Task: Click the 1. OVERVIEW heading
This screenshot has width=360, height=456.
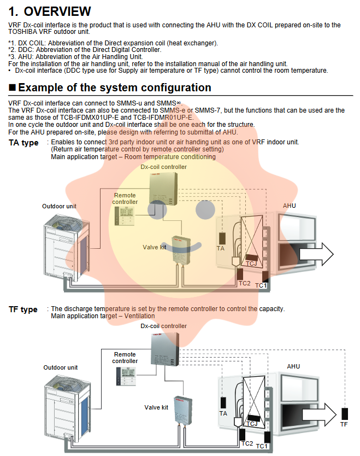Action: [50, 11]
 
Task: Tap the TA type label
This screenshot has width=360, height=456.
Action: [23, 143]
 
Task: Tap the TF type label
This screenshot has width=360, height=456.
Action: [23, 309]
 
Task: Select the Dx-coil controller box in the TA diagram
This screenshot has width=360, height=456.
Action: [163, 189]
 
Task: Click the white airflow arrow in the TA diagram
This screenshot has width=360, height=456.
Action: [323, 254]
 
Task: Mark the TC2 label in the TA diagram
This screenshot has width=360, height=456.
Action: [244, 283]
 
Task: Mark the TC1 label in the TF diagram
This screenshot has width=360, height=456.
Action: [262, 447]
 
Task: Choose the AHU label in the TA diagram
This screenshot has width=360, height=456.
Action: [290, 206]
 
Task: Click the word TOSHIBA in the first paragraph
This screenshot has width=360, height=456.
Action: [24, 32]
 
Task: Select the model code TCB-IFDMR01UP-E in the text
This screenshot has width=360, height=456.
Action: [163, 117]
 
